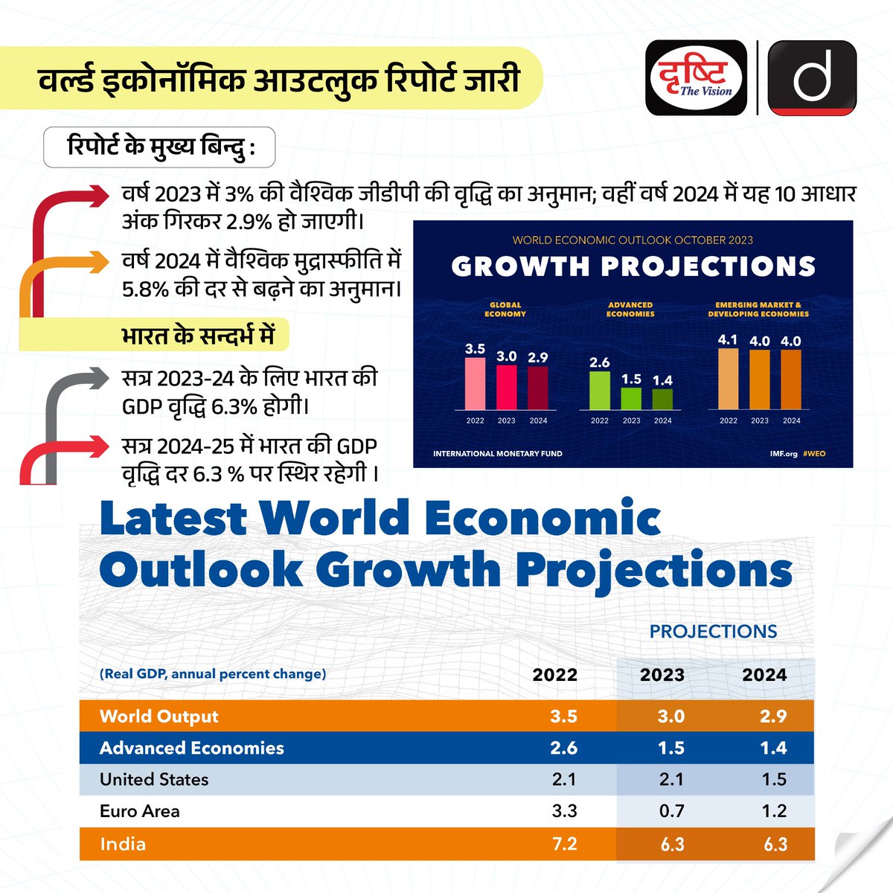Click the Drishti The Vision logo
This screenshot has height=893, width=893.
click(x=696, y=78)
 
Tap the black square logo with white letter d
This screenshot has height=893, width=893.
click(x=812, y=78)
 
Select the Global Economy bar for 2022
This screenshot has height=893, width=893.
click(x=475, y=384)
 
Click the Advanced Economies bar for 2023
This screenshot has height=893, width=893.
click(x=631, y=399)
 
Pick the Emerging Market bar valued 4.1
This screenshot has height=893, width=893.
click(x=728, y=379)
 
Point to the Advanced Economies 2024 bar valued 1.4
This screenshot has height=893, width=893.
click(x=662, y=400)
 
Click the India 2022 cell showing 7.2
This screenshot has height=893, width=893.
click(x=564, y=844)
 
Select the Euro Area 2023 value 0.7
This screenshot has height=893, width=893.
click(x=671, y=811)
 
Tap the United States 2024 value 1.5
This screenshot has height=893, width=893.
click(x=774, y=779)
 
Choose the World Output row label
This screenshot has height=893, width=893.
click(x=159, y=717)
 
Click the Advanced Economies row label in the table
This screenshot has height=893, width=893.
click(x=191, y=748)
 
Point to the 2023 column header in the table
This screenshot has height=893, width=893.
click(x=662, y=675)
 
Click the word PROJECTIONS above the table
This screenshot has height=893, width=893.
click(x=713, y=632)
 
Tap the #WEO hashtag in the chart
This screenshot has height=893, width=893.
click(x=814, y=454)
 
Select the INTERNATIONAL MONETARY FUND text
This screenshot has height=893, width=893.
click(x=498, y=454)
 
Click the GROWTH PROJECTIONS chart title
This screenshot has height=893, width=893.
click(x=633, y=266)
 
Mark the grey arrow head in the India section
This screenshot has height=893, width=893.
click(x=99, y=378)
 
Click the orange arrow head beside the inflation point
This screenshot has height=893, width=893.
click(x=99, y=262)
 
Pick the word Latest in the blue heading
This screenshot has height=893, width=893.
click(x=173, y=518)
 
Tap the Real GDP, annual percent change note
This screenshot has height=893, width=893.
click(x=213, y=673)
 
